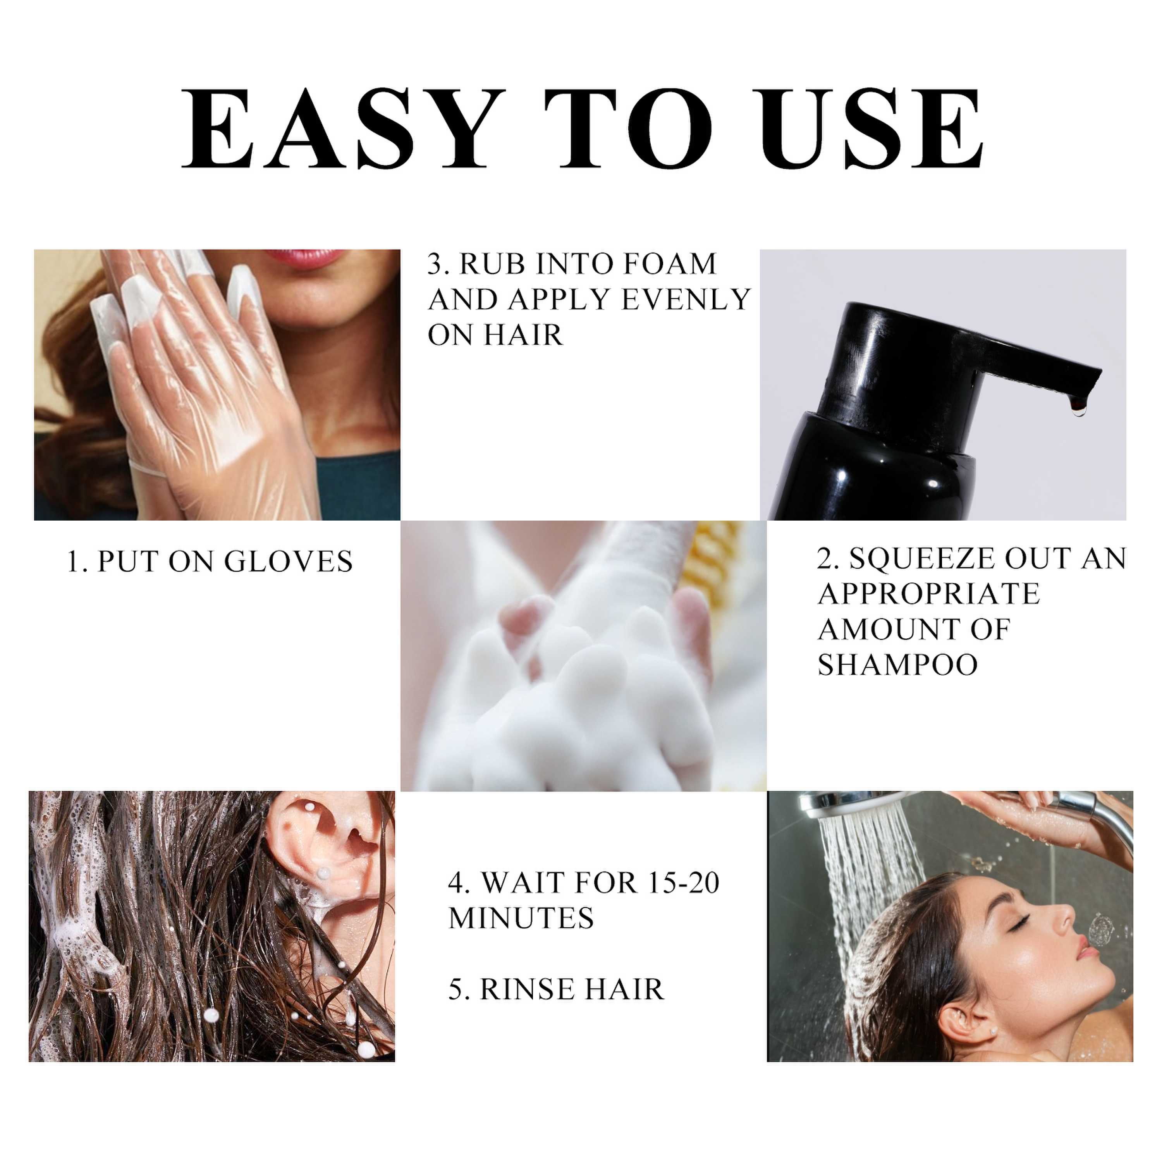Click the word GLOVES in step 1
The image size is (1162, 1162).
pyautogui.click(x=288, y=562)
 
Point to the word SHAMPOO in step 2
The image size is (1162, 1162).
pyautogui.click(x=897, y=665)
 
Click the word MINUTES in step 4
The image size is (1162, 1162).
pyautogui.click(x=521, y=918)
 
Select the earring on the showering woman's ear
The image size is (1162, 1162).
pyautogui.click(x=994, y=1030)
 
